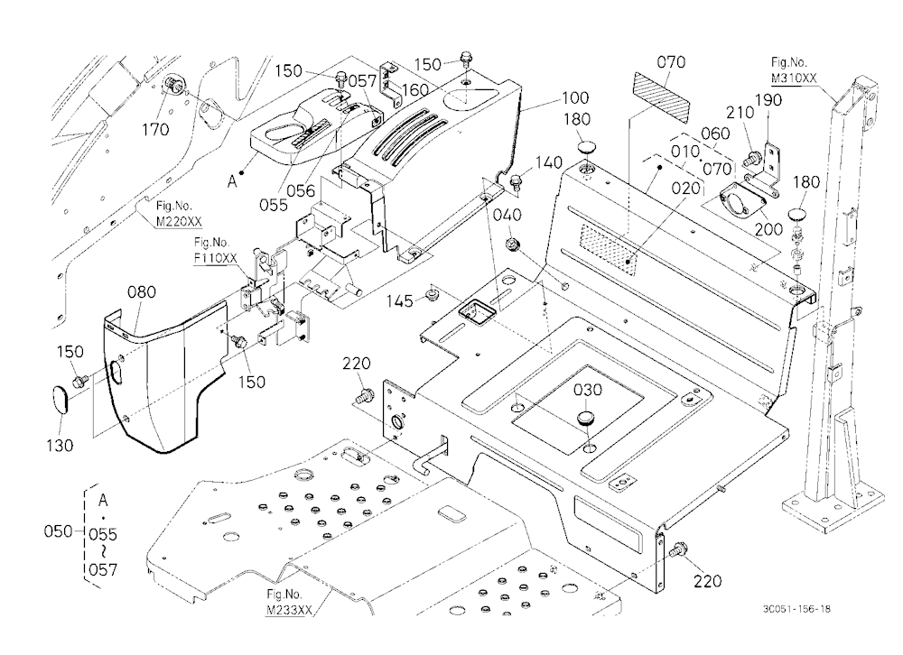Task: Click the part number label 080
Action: [x=142, y=292]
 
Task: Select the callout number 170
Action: [x=155, y=130]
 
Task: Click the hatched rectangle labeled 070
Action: [x=662, y=97]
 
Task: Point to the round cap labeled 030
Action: [x=587, y=418]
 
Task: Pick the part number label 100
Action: [x=574, y=97]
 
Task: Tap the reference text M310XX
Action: [x=794, y=78]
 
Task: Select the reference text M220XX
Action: [x=179, y=221]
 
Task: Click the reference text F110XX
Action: [x=216, y=258]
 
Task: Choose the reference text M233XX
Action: [x=290, y=610]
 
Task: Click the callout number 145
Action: [x=400, y=301]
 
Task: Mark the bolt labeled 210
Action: [x=752, y=159]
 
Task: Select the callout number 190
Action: [x=768, y=100]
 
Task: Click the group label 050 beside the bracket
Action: [x=58, y=530]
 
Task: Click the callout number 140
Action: [x=548, y=163]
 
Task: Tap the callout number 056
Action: [x=302, y=190]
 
